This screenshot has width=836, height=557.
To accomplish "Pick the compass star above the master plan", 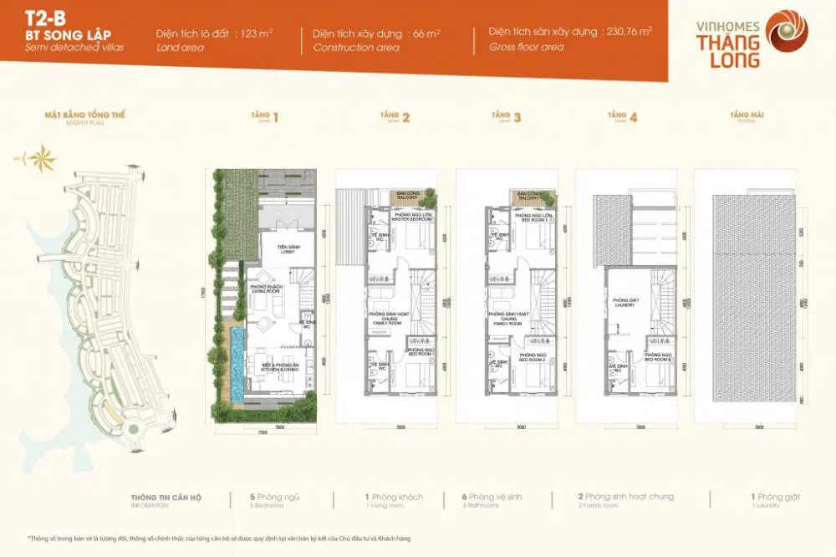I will point(38,156).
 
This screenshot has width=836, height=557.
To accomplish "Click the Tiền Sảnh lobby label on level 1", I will point(277,248).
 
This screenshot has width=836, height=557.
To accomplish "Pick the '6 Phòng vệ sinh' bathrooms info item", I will point(491,498).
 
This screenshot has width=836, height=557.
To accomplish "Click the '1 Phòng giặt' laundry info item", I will point(775,498).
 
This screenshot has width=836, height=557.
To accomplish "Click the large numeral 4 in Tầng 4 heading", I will point(634,118).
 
